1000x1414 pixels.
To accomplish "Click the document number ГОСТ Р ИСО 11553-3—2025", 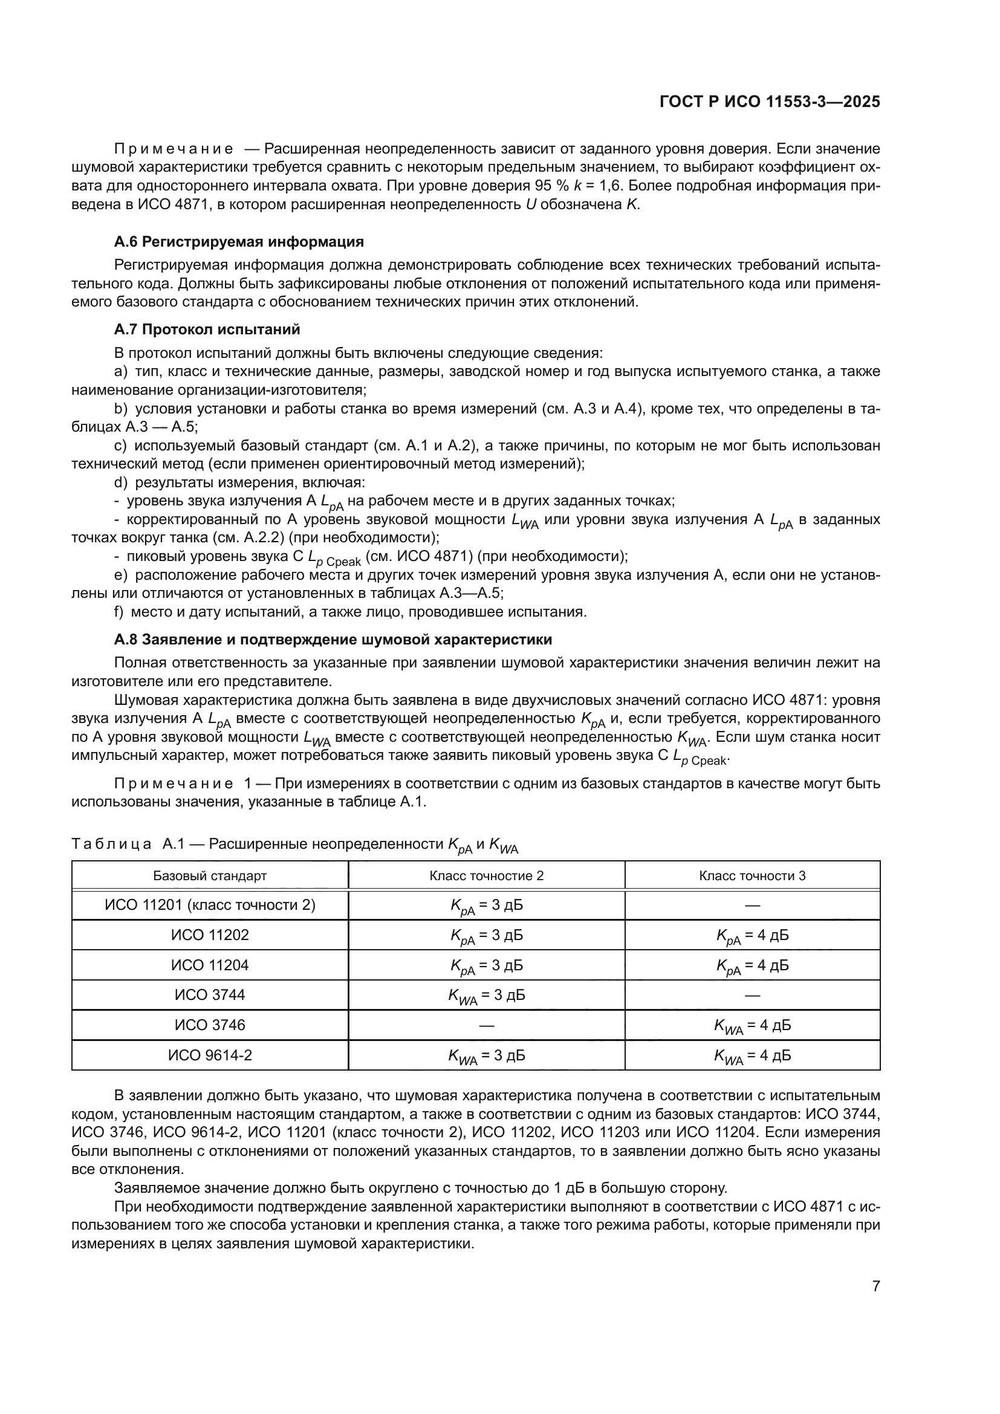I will tap(769, 102).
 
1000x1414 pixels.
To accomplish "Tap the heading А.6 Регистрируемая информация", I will tap(239, 241).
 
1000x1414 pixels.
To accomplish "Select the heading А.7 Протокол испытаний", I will tap(207, 329).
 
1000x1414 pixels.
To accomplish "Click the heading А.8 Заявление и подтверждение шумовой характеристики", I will tap(333, 639).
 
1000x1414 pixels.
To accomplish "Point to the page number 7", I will tap(875, 1286).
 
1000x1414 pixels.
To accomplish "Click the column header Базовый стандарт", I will tap(210, 876).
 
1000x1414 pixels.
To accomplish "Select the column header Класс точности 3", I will tap(752, 876).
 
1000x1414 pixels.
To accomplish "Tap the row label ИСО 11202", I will tap(210, 935).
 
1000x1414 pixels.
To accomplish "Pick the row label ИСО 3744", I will tap(210, 994).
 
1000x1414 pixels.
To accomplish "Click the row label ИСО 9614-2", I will tap(210, 1056).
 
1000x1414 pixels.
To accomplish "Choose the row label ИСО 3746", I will tap(210, 1025).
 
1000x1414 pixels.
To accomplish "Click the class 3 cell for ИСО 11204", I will tap(752, 965).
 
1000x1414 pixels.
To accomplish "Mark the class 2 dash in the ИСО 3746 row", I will tap(487, 1025).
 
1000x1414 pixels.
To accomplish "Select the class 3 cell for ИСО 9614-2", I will tap(752, 1056).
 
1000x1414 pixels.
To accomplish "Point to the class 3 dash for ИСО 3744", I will tap(752, 995).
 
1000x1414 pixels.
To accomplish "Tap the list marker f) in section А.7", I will tap(119, 612).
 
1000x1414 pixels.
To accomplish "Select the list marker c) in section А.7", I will tap(120, 446).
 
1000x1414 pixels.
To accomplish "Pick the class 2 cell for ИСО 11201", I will tap(487, 906).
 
